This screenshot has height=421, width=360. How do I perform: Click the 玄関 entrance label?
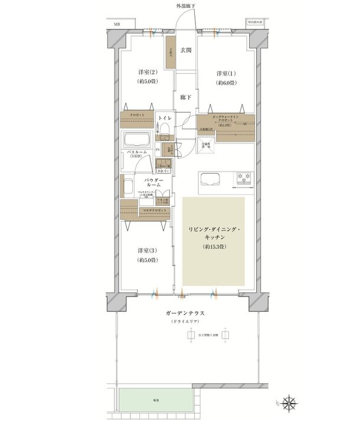point(185,51)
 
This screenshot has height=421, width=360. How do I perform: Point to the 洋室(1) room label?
point(225,73)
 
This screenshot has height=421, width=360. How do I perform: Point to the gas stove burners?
point(244,177)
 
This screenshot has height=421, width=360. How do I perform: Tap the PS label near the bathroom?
point(157,149)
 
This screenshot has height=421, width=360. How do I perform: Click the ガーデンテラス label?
point(185,313)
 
